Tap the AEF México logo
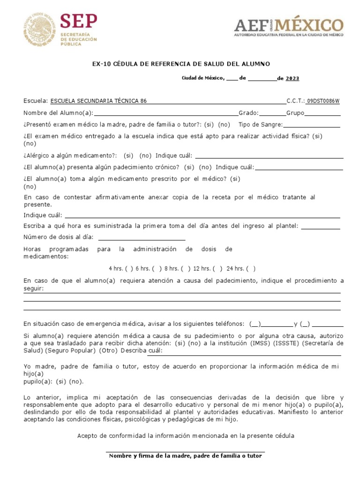click(x=289, y=27)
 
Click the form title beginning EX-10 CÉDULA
click(x=181, y=64)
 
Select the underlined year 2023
click(x=292, y=78)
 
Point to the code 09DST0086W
click(x=323, y=101)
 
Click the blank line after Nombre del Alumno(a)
click(x=166, y=113)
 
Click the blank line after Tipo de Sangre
click(x=312, y=125)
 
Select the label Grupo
click(x=295, y=113)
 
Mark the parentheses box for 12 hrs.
click(x=217, y=269)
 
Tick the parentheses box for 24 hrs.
click(x=251, y=269)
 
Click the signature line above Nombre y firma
click(x=186, y=452)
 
